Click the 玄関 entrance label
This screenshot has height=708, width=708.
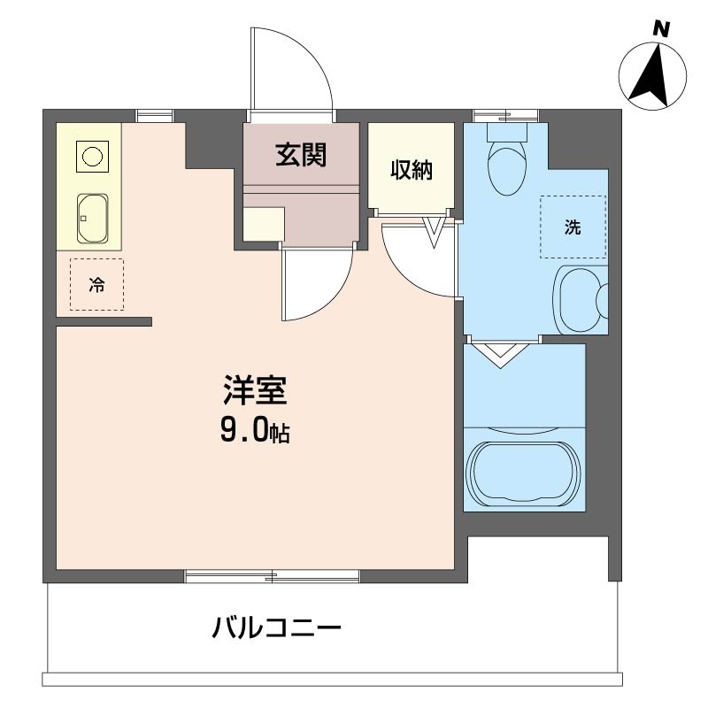tap(301, 155)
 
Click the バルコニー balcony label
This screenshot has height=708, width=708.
tap(276, 630)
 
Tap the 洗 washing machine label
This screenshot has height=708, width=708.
tap(573, 227)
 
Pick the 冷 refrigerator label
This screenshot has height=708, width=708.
tap(96, 285)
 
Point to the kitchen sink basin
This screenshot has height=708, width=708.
tap(92, 218)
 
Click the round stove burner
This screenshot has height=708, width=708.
tap(92, 157)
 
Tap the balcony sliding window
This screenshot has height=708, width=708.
tap(273, 577)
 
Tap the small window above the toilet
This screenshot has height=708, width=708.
tap(505, 114)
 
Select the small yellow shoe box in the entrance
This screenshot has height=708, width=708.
tap(264, 224)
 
